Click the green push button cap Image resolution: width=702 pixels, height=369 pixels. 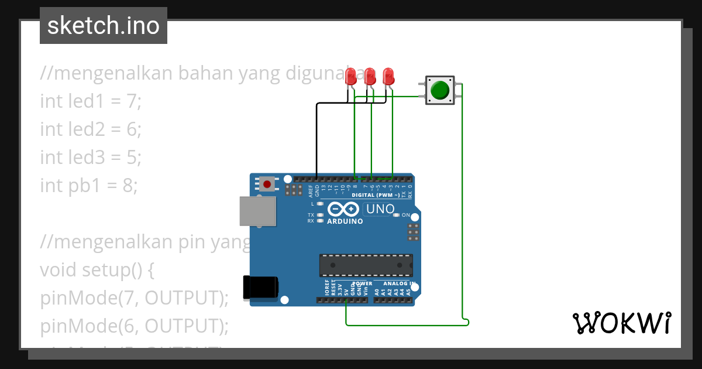coord(439,90)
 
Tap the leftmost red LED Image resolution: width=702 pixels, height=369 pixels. coord(351,76)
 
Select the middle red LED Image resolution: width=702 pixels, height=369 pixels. coord(370,76)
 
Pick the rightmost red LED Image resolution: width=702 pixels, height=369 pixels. coord(388,76)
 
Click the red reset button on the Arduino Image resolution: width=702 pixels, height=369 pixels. coord(267,184)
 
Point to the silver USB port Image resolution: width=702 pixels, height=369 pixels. coord(257,211)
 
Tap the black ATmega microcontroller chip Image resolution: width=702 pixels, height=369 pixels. coord(366,265)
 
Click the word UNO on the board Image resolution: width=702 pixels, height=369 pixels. coord(381,209)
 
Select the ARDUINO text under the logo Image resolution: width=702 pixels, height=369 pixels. coord(345,221)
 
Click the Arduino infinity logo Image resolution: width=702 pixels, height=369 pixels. coord(343,209)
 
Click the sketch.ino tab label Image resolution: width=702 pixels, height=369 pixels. coord(104,26)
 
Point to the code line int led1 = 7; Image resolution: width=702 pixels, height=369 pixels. coord(91,101)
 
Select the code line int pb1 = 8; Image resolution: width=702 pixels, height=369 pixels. coord(89,186)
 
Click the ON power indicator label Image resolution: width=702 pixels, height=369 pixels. coord(405,215)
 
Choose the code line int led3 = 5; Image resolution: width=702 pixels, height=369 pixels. coord(91,158)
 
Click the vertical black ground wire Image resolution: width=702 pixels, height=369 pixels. coord(316,141)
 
